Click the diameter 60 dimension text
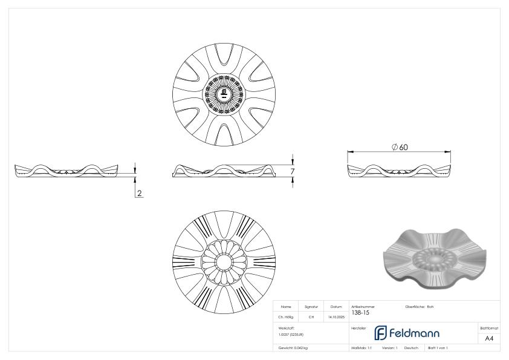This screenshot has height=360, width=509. (x=400, y=148)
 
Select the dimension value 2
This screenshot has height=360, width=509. (x=140, y=194)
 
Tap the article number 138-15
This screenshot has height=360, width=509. (x=360, y=313)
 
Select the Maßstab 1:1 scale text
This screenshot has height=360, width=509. (x=361, y=348)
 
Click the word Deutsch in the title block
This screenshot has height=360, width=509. (x=411, y=348)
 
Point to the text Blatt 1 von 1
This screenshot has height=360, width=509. (x=438, y=348)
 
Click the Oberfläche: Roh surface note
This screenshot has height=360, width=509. (x=419, y=307)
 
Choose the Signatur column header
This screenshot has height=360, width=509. (x=311, y=307)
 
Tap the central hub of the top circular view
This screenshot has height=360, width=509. (x=223, y=93)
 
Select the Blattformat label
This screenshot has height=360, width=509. (x=489, y=327)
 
